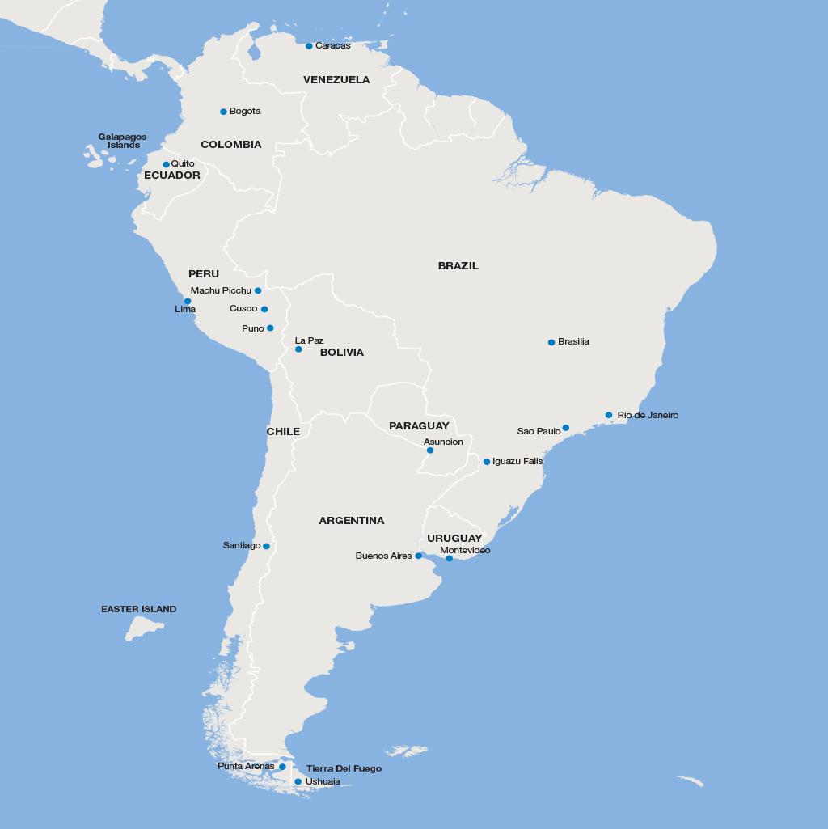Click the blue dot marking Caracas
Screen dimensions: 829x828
coord(309,46)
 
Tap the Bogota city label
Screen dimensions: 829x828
coord(245,111)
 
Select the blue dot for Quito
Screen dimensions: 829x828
coord(166,164)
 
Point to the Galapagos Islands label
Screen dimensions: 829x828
coord(122,141)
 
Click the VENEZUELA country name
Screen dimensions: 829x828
coord(336,79)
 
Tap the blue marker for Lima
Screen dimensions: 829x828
coord(188,301)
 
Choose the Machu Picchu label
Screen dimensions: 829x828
coord(221,290)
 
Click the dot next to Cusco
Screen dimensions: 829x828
coord(264,309)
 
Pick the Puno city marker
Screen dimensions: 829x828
coord(270,328)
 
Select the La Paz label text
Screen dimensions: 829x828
coord(309,340)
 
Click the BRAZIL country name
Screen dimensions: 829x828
coord(458,265)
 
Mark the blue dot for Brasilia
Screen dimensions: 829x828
coord(551,342)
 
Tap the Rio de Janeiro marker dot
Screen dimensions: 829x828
coord(609,415)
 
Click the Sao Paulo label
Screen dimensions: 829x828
coord(539,431)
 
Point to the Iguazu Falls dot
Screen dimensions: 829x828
coord(487,462)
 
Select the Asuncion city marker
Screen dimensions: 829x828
coord(430,450)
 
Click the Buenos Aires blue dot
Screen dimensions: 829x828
coord(419,556)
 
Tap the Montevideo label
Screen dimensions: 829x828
coord(465,550)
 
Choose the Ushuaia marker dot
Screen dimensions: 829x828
coord(298,781)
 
